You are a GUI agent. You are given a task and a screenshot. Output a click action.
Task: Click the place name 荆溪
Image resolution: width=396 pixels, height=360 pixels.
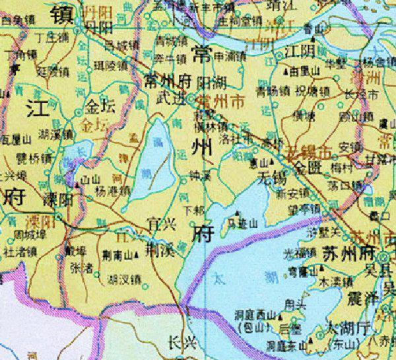pos(160,252)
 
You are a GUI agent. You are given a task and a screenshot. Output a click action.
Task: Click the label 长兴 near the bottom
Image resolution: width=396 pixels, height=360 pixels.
pos(182,342)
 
